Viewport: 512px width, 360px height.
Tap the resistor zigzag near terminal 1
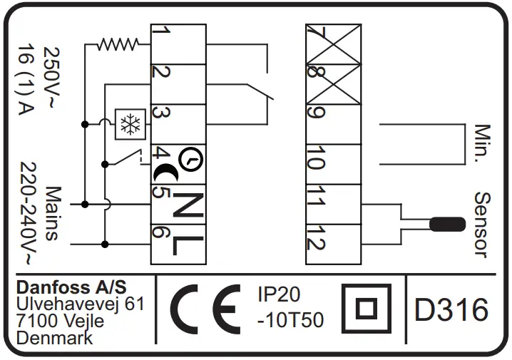(x=118, y=45)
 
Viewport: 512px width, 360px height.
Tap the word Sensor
(x=483, y=224)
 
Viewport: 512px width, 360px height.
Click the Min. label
(x=483, y=144)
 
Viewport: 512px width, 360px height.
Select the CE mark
(x=206, y=310)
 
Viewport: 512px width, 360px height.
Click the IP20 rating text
(x=279, y=295)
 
